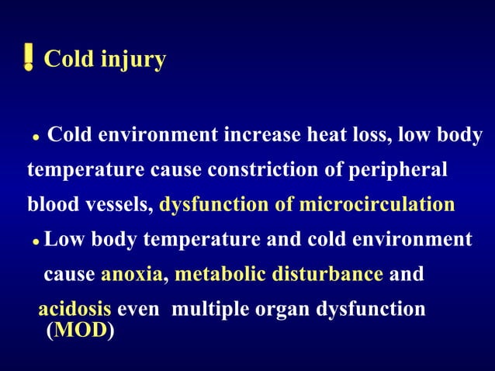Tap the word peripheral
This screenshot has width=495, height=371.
[407, 170]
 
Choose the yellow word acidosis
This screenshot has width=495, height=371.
[74, 309]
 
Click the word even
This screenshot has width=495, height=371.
[139, 309]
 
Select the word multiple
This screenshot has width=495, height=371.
[206, 309]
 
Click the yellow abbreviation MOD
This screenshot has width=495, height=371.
[81, 332]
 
